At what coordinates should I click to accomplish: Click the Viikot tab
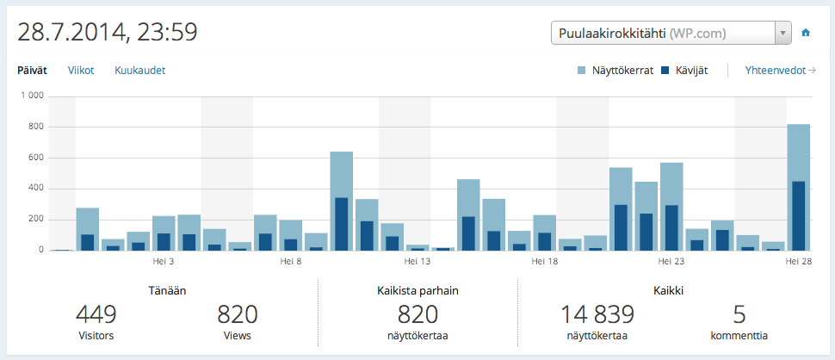click(81, 71)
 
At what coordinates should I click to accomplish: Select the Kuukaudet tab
click(139, 71)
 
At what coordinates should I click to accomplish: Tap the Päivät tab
click(33, 71)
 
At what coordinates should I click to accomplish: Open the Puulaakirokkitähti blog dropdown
click(671, 34)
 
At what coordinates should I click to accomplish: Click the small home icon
click(807, 34)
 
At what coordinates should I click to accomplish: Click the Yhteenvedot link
click(780, 71)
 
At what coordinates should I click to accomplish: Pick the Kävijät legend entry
click(684, 71)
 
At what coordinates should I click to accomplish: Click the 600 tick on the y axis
click(35, 158)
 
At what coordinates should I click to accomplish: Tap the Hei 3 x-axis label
click(164, 260)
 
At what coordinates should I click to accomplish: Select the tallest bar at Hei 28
click(798, 187)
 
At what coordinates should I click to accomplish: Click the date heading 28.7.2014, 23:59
click(108, 33)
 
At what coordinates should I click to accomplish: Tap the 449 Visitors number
click(96, 314)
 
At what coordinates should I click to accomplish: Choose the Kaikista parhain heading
click(417, 290)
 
